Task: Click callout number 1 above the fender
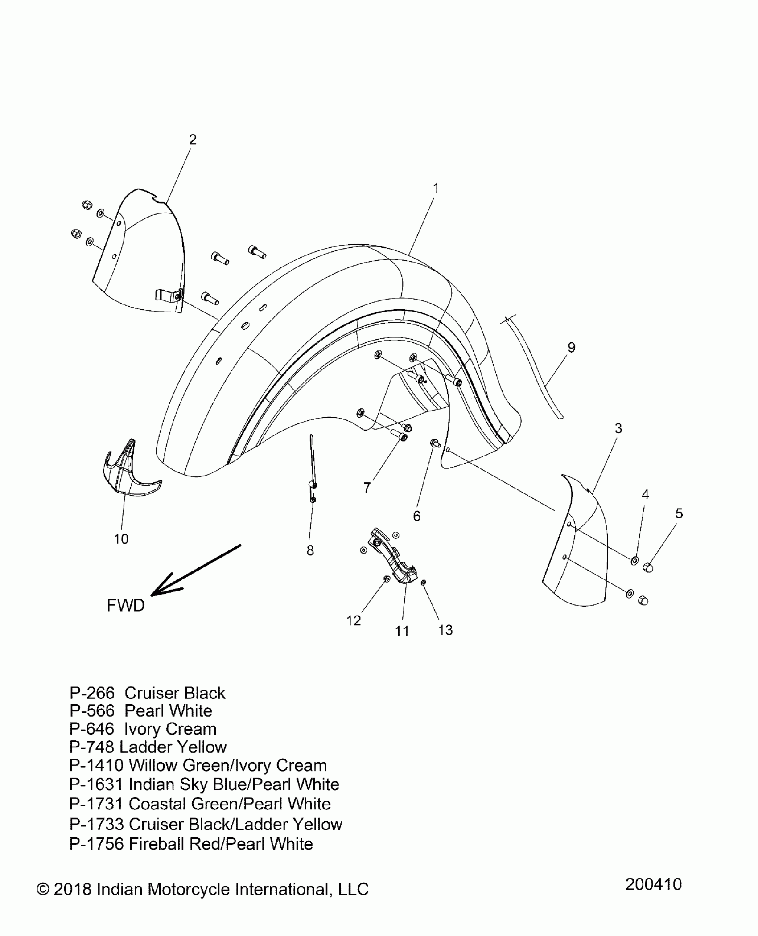(436, 189)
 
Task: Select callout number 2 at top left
(192, 140)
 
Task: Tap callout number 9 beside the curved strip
(571, 347)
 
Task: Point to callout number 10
(121, 539)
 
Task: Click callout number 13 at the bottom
(445, 630)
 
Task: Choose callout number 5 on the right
(679, 513)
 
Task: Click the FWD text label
(126, 605)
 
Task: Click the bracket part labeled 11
(392, 557)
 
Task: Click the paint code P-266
(92, 693)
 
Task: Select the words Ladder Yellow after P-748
(173, 747)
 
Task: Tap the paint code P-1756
(96, 844)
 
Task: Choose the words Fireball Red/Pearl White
(221, 844)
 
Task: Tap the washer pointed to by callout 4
(634, 560)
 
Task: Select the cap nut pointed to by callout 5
(648, 567)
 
